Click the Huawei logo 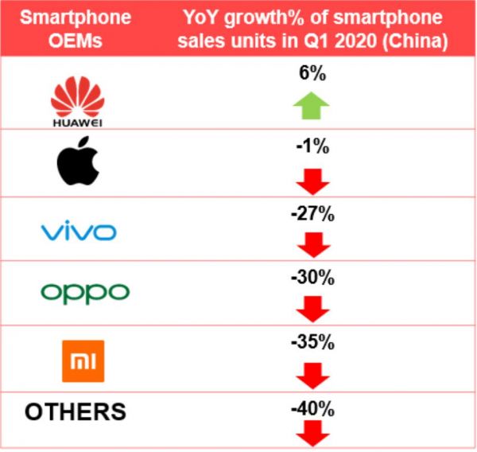[x=77, y=103]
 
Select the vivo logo [x=78, y=232]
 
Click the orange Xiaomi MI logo [x=83, y=360]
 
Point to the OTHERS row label [x=76, y=411]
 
